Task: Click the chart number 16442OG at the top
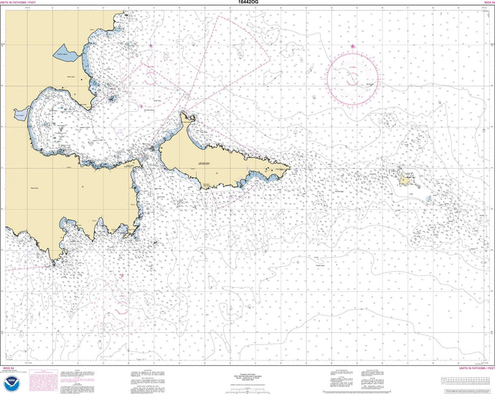pos(247,3)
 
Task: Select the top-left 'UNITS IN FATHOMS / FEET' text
pos(22,3)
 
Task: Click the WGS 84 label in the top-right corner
pos(488,3)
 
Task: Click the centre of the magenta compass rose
pos(352,73)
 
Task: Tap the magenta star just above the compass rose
pos(352,46)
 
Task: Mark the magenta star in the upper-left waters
pos(151,46)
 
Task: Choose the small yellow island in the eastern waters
pos(406,181)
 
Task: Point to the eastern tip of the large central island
pos(289,170)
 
